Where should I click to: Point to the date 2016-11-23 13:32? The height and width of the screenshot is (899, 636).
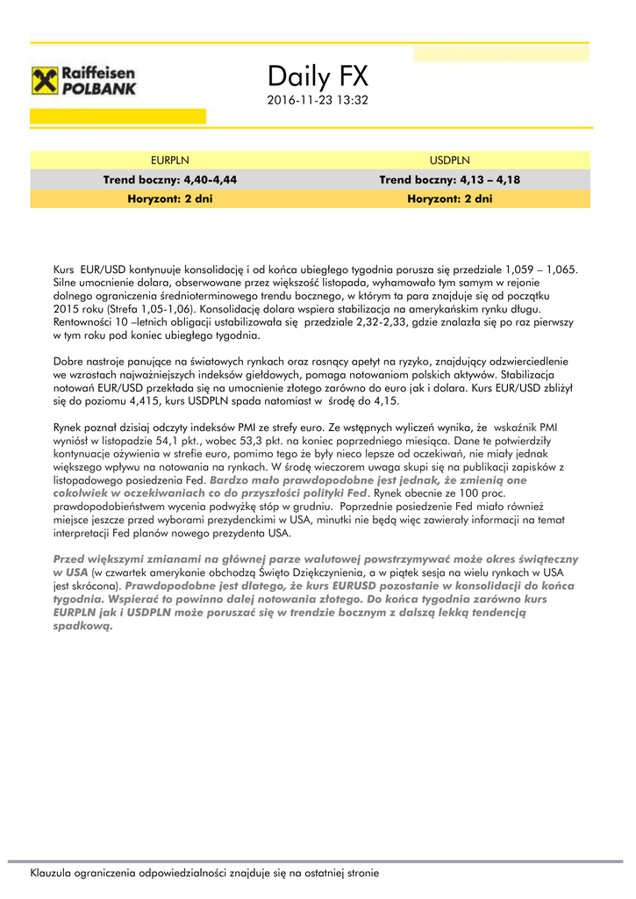[317, 101]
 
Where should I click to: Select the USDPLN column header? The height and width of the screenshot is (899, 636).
[449, 160]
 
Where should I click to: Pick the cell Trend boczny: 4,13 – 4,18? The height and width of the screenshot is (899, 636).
[449, 179]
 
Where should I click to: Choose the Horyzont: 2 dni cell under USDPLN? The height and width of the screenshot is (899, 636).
[449, 199]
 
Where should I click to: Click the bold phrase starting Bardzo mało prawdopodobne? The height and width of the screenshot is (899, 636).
[368, 480]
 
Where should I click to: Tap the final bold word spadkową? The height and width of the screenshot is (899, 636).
[83, 626]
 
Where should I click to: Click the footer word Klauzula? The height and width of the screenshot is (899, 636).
[54, 874]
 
